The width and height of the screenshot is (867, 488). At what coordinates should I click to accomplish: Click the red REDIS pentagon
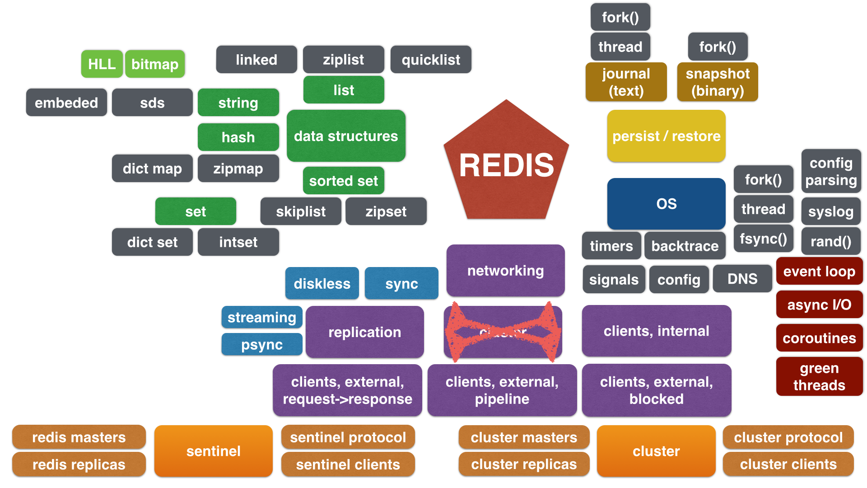coord(506,165)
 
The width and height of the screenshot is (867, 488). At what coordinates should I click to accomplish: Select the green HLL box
coord(102,64)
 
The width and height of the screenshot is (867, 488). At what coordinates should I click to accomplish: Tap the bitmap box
coord(155,64)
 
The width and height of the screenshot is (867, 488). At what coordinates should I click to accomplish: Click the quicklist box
coord(431,60)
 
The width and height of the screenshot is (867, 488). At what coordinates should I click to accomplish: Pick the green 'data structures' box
coord(346,136)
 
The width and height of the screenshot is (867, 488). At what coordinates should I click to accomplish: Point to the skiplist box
coord(301,211)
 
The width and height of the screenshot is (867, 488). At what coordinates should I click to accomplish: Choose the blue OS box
coord(666,203)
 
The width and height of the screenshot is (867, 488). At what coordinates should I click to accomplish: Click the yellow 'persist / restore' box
coord(666,136)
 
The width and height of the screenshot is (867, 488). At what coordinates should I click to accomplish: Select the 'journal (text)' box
coord(626,82)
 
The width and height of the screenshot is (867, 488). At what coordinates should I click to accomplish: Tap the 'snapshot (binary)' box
coord(718,82)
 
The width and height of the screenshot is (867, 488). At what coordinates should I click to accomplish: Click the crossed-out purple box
coord(503,332)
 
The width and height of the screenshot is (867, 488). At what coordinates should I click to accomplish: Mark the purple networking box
coord(505,270)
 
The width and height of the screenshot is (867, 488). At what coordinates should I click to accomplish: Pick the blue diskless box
coord(322,283)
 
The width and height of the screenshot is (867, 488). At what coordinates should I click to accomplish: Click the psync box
coord(262,344)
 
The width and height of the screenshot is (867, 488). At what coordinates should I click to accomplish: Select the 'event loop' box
coord(819,271)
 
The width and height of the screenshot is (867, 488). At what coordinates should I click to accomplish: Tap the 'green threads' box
coord(819,376)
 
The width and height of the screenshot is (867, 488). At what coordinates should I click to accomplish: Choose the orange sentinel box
coord(213,450)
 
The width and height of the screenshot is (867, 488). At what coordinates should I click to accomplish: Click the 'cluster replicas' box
coord(524,464)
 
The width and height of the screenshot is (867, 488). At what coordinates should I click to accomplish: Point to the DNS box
coord(742,279)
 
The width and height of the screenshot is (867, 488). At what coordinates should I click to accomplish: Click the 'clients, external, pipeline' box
coord(502,390)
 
